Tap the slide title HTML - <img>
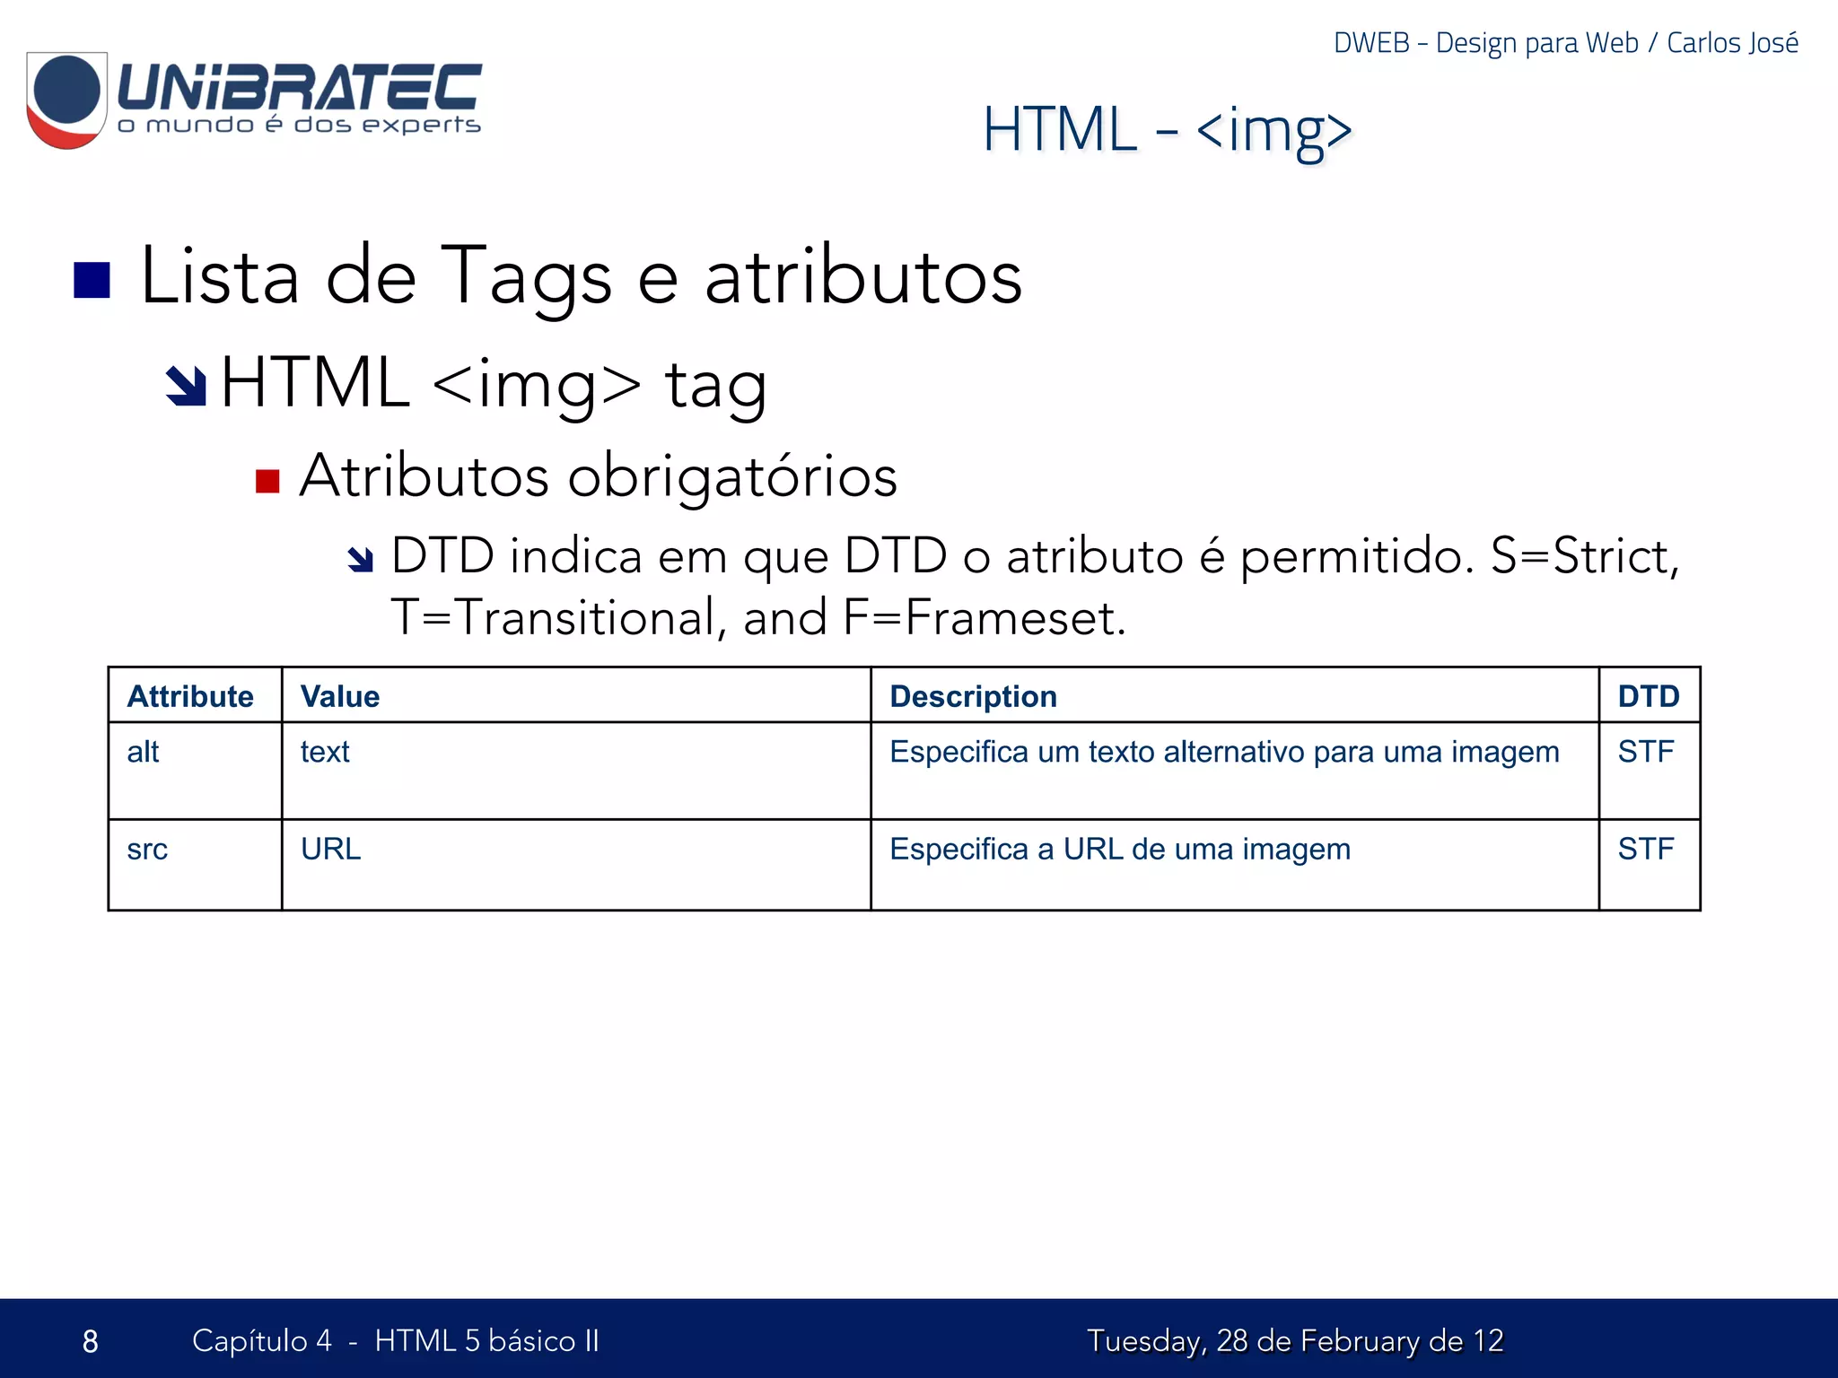pyautogui.click(x=1167, y=130)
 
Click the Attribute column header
pyautogui.click(x=190, y=696)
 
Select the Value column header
pyautogui.click(x=340, y=696)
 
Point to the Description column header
pyautogui.click(x=973, y=696)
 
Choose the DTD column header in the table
pyautogui.click(x=1648, y=696)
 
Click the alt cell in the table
pyautogui.click(x=143, y=752)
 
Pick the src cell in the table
pyautogui.click(x=147, y=849)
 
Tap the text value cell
pyautogui.click(x=325, y=752)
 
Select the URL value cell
pyautogui.click(x=330, y=849)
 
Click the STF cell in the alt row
pyautogui.click(x=1645, y=752)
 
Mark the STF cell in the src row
pyautogui.click(x=1645, y=849)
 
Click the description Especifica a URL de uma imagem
pyautogui.click(x=1119, y=849)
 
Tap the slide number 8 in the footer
pyautogui.click(x=90, y=1341)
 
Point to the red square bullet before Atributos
pyautogui.click(x=267, y=482)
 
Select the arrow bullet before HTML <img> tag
pyautogui.click(x=186, y=386)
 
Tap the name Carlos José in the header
pyautogui.click(x=1732, y=43)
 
